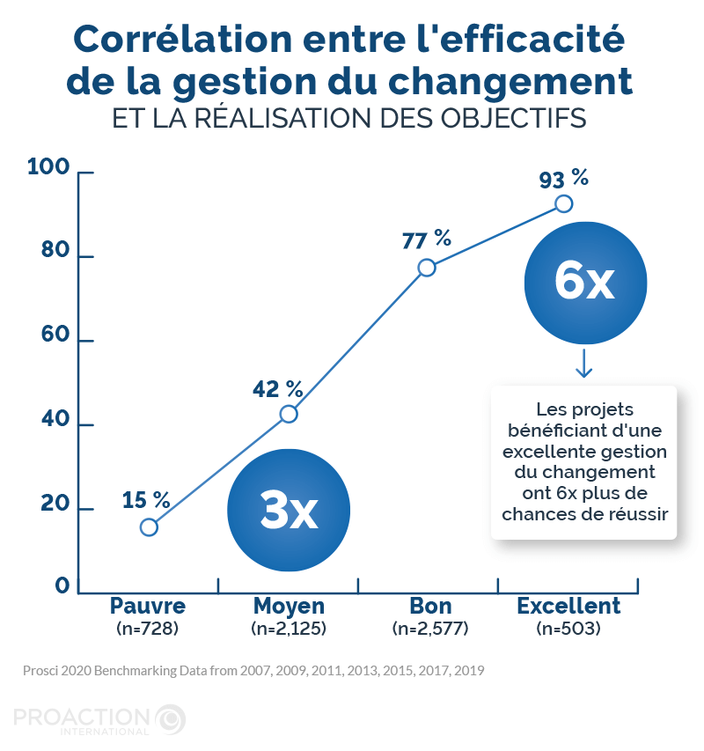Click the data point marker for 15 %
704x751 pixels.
pyautogui.click(x=149, y=526)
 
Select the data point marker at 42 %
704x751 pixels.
pyautogui.click(x=289, y=414)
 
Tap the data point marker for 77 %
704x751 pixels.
pyautogui.click(x=427, y=268)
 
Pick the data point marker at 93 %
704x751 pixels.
pyautogui.click(x=564, y=204)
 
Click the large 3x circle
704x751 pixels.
pyautogui.click(x=289, y=511)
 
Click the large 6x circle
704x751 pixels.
pyautogui.click(x=585, y=283)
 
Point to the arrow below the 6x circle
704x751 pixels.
pyautogui.click(x=583, y=364)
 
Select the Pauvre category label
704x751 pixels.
pyautogui.click(x=148, y=606)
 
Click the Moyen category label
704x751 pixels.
pyautogui.click(x=289, y=606)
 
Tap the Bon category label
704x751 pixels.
pyautogui.click(x=430, y=606)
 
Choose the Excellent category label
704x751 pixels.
pyautogui.click(x=568, y=606)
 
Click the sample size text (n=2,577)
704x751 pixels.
pyautogui.click(x=430, y=629)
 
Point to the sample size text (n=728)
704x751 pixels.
pyautogui.click(x=148, y=629)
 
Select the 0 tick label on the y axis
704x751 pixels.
pyautogui.click(x=62, y=586)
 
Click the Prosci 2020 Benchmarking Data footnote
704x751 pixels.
pyautogui.click(x=253, y=670)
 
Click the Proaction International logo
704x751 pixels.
pyautogui.click(x=99, y=718)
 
